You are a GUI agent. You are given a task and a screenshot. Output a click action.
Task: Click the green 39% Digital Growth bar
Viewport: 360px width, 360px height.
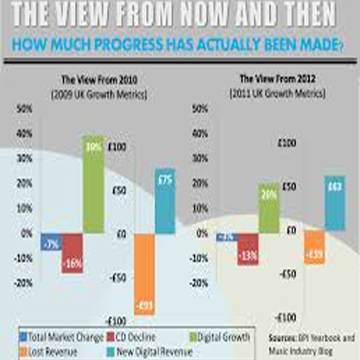tap(94, 184)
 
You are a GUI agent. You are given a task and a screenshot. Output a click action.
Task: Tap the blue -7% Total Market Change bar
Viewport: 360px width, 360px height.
tap(51, 242)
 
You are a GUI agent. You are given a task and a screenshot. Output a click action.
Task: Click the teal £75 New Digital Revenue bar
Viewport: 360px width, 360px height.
tap(165, 201)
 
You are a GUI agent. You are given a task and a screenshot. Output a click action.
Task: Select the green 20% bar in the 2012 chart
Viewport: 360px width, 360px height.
tap(269, 208)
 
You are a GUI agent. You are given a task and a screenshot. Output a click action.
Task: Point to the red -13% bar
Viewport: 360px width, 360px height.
tap(248, 249)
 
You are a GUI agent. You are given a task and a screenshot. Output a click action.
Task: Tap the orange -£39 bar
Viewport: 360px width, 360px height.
tap(314, 247)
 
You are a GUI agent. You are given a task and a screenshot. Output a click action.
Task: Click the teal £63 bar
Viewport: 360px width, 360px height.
tap(335, 203)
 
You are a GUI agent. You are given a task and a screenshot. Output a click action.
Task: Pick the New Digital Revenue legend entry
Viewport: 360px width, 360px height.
tap(153, 351)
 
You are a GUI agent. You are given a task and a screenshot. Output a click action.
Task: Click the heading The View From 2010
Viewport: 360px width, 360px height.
tap(99, 81)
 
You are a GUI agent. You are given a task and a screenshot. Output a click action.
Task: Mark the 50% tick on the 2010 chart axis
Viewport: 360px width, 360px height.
tap(25, 109)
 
